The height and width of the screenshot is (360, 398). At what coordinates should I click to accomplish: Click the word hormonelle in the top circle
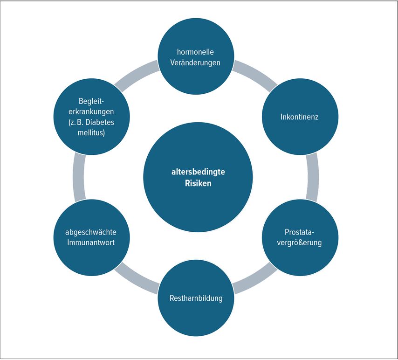coord(195,52)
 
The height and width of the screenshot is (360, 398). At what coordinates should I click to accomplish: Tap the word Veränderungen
coord(195,62)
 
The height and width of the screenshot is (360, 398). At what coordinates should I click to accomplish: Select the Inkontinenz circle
coord(299,117)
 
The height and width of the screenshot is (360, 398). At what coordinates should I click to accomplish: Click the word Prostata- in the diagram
coord(299,232)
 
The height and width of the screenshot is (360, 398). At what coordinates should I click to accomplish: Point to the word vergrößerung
coord(299,242)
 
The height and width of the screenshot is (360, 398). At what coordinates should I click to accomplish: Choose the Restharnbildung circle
coord(195,298)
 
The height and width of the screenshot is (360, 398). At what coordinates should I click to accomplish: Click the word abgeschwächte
coord(91,232)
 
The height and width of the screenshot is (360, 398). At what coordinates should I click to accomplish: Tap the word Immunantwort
coord(91,242)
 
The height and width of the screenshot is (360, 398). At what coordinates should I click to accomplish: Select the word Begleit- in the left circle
coord(91,101)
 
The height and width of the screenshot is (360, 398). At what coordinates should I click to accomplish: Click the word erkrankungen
coord(91,112)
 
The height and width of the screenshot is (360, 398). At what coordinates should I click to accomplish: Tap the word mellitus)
coord(91,133)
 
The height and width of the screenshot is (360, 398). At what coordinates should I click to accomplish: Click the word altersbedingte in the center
coord(198,172)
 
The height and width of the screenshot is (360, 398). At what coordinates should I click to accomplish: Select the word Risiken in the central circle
coord(198,183)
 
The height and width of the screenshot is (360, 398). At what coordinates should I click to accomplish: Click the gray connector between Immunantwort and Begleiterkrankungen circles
coord(79,177)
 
